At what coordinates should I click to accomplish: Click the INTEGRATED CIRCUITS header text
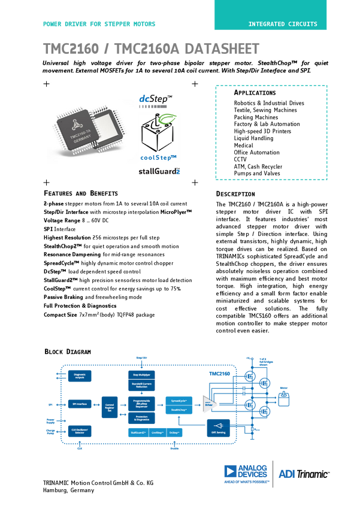tap(283, 25)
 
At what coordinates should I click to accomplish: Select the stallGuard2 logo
tap(159, 171)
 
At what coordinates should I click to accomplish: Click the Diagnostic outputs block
tap(80, 375)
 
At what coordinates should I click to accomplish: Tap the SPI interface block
tap(80, 404)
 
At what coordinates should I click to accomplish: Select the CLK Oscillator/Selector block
tap(80, 431)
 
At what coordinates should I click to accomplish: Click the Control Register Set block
tap(110, 407)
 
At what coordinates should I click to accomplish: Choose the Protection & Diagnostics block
tap(141, 417)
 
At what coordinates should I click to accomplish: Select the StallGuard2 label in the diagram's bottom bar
tap(139, 431)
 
